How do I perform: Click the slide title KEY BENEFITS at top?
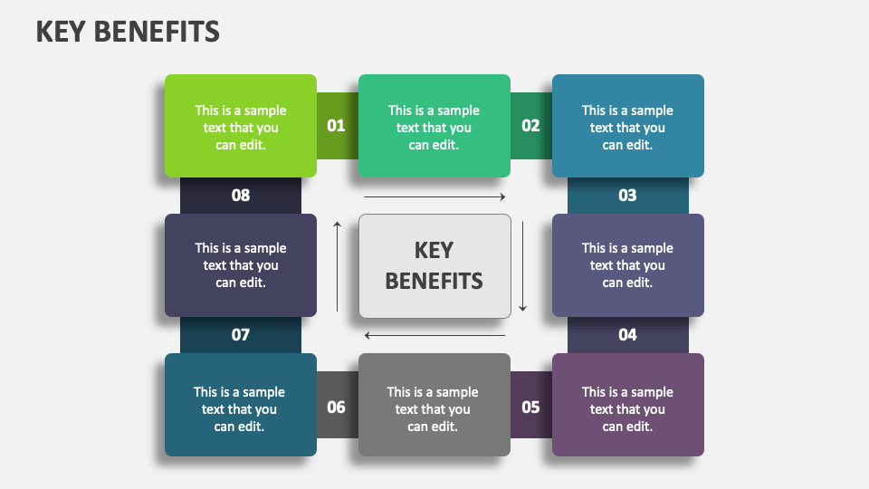point(128,32)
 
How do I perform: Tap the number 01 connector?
point(337,126)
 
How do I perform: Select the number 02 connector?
point(530,126)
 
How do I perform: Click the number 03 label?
point(627,196)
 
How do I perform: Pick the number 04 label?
point(627,335)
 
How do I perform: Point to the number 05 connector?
point(530,407)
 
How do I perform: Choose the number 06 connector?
point(337,407)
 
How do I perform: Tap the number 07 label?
point(240,335)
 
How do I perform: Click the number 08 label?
point(240,196)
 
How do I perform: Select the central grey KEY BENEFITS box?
point(434,265)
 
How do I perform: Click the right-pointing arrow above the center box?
point(434,197)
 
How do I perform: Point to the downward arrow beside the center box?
point(522,266)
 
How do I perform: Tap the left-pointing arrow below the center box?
point(434,336)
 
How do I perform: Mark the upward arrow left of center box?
point(338,266)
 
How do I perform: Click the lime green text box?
point(240,126)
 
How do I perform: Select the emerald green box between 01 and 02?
point(434,126)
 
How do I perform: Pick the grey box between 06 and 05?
point(434,405)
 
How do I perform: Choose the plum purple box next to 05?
point(627,405)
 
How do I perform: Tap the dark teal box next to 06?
point(240,405)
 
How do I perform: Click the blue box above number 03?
point(627,126)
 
